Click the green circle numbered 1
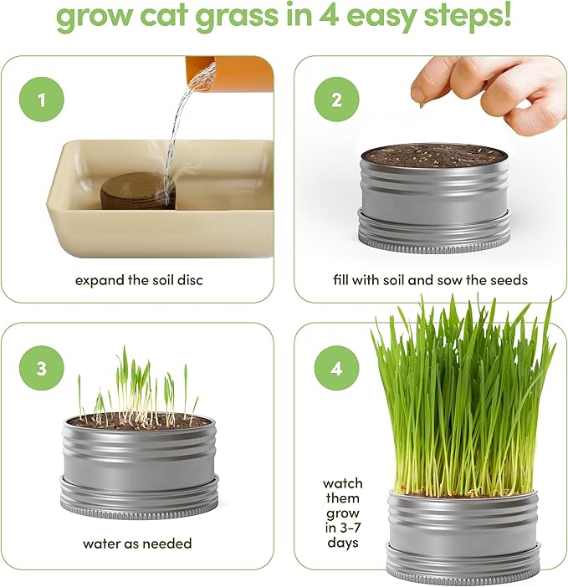[x=39, y=101]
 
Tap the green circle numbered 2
[x=337, y=101]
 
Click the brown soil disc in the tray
[x=137, y=191]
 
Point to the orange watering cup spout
[x=229, y=72]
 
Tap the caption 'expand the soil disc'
[x=139, y=280]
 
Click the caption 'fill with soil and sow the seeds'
[x=431, y=280]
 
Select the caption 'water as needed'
[x=137, y=544]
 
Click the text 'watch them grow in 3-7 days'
[x=343, y=513]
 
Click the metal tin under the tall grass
[x=463, y=535]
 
